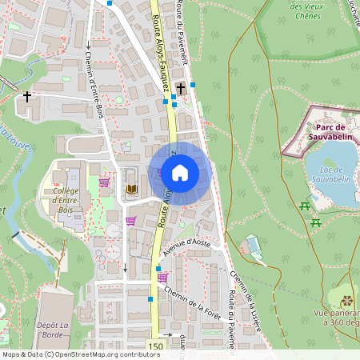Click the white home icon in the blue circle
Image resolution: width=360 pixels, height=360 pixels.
point(180,173)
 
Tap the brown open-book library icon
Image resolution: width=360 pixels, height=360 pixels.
point(132,189)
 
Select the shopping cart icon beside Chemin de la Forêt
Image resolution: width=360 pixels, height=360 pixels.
point(163,278)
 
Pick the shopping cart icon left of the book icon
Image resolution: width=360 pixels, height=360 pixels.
point(104,183)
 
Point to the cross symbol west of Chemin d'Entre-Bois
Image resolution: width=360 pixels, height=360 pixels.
point(28,98)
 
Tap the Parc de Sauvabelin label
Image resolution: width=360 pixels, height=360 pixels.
point(330,132)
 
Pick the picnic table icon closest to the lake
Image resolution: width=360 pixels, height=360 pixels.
point(305,206)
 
